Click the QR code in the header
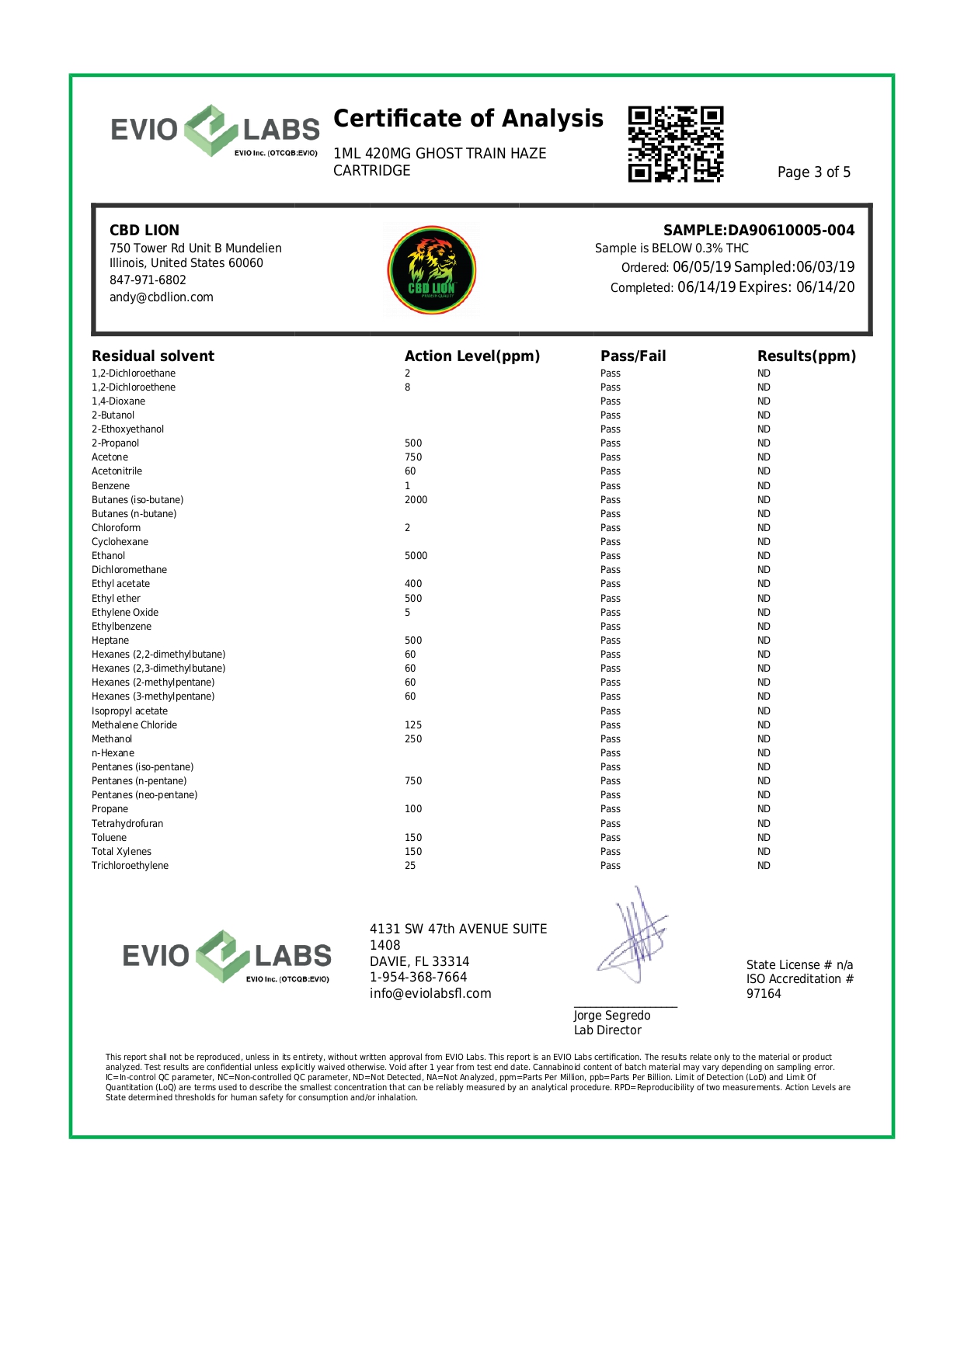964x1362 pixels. point(676,144)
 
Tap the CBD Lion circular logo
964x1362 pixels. point(432,270)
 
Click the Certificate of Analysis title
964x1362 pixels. point(468,119)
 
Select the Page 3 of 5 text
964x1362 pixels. point(813,172)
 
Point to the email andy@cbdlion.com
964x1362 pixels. point(161,297)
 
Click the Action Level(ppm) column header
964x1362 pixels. point(472,356)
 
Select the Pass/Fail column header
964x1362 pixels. point(632,356)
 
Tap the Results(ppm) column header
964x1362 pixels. point(806,356)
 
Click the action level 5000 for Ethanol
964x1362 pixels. point(416,556)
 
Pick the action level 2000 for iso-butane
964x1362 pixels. point(416,500)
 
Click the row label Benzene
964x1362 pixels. point(110,486)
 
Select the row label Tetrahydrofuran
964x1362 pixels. point(127,824)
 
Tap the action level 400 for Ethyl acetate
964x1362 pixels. point(413,584)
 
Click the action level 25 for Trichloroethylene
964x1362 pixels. point(410,866)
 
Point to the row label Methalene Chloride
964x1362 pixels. point(134,725)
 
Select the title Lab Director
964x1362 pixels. point(607,1030)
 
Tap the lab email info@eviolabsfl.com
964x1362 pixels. point(430,994)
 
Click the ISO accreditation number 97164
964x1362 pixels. point(764,994)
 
